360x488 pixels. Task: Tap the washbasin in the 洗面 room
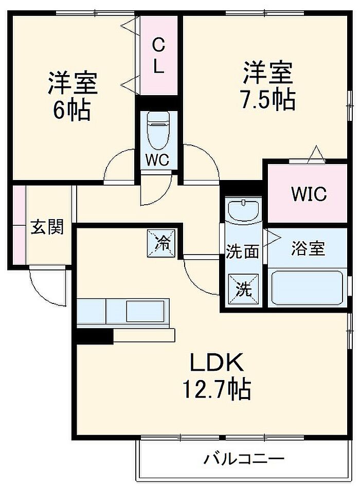click(244, 211)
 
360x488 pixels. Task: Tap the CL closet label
click(158, 57)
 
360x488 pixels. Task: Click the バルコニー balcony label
click(243, 458)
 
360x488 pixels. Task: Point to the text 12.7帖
click(215, 389)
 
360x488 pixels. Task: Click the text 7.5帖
click(268, 100)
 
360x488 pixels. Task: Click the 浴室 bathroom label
click(308, 249)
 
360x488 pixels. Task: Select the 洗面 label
click(242, 252)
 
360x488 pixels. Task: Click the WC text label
click(156, 160)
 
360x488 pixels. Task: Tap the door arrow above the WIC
click(315, 154)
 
